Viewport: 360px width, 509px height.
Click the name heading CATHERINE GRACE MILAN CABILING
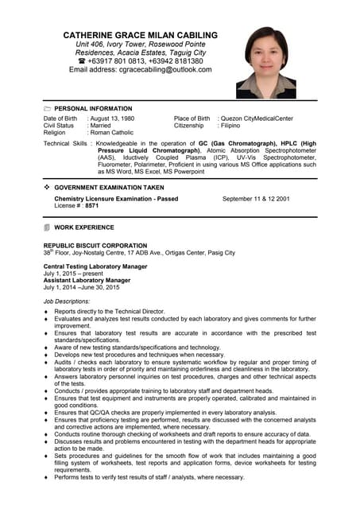coord(140,35)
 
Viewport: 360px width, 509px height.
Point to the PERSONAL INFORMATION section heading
coord(93,108)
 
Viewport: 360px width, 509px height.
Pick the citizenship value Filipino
coord(231,126)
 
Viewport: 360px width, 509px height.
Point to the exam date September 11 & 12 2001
coord(255,198)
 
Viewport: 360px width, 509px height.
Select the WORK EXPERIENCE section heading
coord(84,227)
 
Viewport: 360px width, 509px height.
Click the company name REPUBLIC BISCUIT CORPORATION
coord(95,246)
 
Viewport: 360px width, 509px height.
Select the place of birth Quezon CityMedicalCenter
coord(257,119)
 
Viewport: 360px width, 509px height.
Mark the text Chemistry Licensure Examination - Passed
coord(116,198)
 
